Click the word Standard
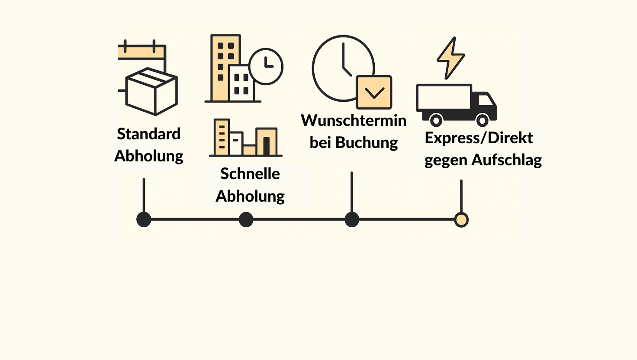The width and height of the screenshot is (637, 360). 148,134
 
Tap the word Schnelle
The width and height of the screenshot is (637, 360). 250,174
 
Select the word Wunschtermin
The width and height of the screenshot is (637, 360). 354,120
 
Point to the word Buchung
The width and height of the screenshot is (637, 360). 366,143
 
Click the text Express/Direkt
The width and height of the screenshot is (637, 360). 479,138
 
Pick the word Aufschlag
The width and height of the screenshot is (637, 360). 506,160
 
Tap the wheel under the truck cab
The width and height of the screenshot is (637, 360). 482,119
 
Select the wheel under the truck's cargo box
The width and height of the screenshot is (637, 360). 436,119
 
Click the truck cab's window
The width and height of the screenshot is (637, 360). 486,100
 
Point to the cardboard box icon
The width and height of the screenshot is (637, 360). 151,91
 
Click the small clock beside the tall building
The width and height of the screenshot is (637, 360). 266,66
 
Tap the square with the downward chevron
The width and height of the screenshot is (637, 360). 374,92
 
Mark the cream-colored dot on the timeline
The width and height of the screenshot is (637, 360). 461,220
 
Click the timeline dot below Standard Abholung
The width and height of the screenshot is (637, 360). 144,219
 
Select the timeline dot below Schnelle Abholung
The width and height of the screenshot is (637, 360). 246,219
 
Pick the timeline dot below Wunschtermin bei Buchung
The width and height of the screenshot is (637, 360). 352,219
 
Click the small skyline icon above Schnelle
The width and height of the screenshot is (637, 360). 245,138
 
